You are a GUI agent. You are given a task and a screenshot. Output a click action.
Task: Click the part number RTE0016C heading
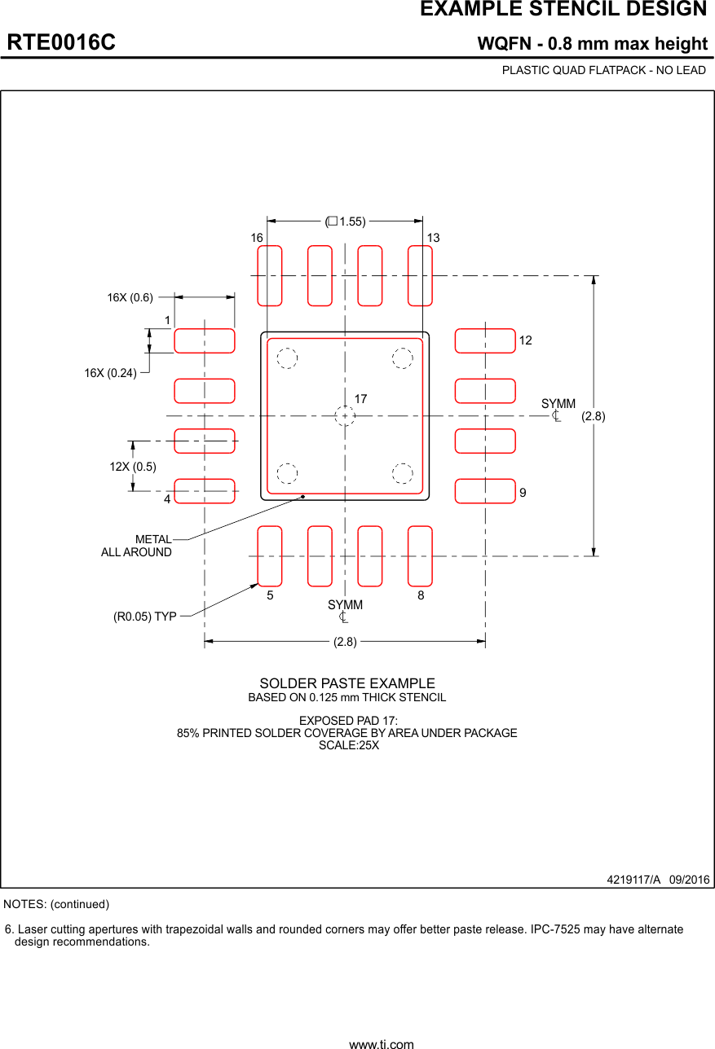coord(61,42)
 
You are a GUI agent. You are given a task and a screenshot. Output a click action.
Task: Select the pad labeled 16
coord(270,275)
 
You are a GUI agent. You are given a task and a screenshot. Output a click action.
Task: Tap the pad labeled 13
coord(420,275)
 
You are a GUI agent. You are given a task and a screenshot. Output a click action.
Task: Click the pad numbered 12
coord(485,340)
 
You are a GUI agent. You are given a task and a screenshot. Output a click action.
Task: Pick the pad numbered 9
coord(485,491)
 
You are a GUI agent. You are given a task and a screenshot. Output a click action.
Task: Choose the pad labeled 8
coord(420,556)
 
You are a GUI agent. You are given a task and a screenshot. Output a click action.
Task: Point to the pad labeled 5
coord(270,556)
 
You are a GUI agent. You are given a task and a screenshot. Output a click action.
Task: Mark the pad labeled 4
coord(205,491)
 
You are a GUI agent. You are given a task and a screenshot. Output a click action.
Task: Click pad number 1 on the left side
coord(205,340)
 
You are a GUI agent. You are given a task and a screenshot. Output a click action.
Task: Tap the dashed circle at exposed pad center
coord(345,416)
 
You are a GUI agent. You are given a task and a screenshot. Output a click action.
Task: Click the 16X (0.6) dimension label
coord(130,297)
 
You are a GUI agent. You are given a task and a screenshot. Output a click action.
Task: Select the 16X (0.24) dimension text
coord(110,373)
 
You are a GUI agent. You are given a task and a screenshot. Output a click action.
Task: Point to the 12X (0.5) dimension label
coord(133,467)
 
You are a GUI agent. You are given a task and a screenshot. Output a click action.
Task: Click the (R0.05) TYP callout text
coord(145,617)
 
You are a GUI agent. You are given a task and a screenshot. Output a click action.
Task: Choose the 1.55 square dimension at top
coord(346,222)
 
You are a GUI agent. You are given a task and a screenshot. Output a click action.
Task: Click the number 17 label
coord(360,399)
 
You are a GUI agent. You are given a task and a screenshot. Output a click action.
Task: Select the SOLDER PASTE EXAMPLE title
coord(347,683)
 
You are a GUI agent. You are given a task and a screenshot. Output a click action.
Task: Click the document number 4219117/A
coord(633,880)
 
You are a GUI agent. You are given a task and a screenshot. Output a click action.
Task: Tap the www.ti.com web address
coord(381,1044)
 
